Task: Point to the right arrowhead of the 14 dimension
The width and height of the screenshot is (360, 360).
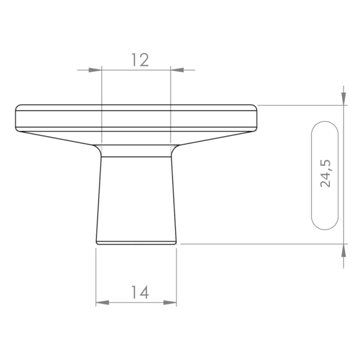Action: tap(170, 303)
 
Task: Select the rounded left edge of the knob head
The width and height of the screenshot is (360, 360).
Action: tap(17, 118)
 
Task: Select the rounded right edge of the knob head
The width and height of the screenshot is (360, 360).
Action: tap(257, 118)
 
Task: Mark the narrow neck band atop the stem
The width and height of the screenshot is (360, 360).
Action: tap(136, 151)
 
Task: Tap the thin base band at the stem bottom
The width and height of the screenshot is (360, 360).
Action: tap(136, 241)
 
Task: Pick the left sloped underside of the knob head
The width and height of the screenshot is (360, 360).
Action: tap(59, 139)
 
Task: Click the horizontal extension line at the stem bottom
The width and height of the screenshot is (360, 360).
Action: tap(260, 244)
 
